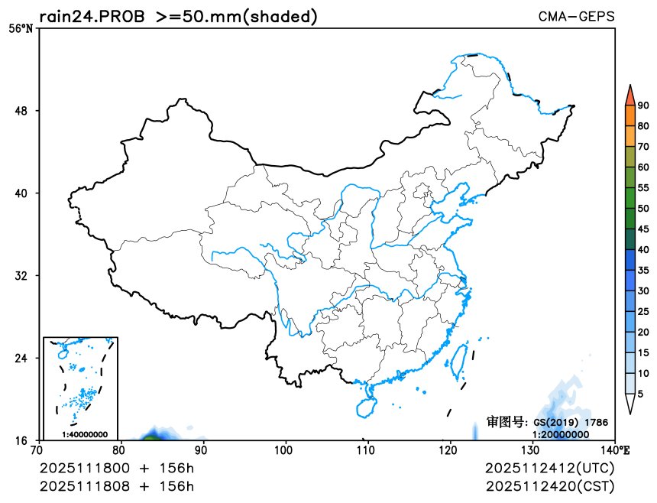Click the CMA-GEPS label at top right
[x=576, y=16]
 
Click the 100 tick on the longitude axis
[x=286, y=449]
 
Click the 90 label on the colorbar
[x=643, y=106]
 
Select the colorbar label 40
[x=643, y=250]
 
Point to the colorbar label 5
[x=641, y=394]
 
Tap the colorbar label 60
[x=643, y=167]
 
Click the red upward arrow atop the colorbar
[x=629, y=95]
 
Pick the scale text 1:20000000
[x=561, y=434]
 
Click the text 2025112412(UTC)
[x=550, y=468]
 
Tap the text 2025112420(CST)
[x=550, y=485]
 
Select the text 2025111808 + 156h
[x=117, y=485]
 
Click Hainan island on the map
[x=366, y=401]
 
